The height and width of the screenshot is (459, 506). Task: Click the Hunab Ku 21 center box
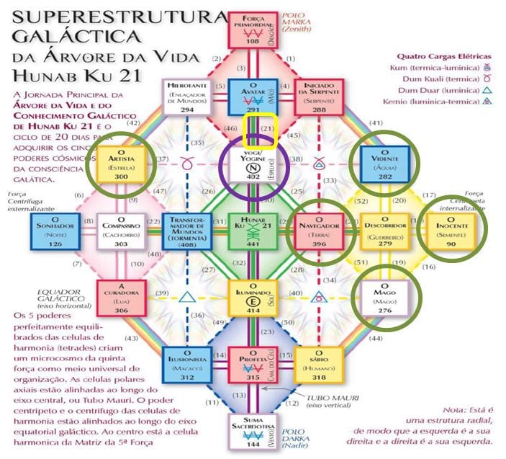[x=255, y=231]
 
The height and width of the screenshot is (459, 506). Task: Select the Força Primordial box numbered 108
[x=253, y=30]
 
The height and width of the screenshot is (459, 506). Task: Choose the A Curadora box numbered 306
[x=117, y=295]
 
